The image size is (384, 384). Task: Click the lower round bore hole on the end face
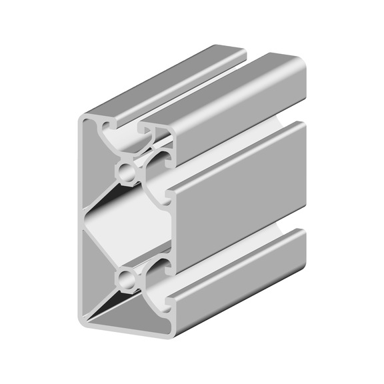126,277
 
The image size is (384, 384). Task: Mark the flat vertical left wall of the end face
81,220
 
